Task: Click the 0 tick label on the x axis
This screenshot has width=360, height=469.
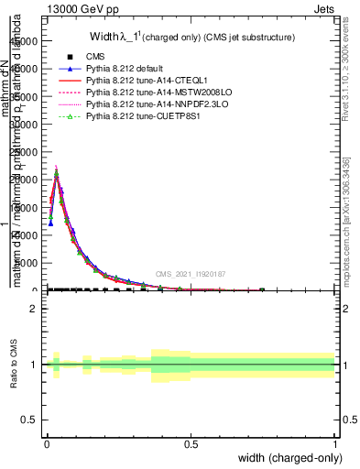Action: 47,443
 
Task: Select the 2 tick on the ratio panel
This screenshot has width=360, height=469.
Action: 34,309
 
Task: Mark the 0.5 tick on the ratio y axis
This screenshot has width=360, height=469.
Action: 30,420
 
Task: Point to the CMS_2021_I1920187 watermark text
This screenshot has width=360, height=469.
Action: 190,274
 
